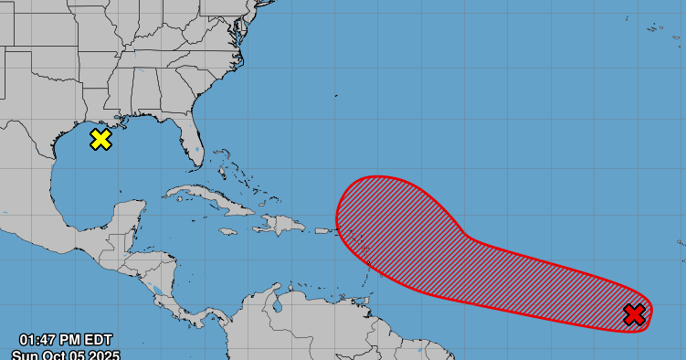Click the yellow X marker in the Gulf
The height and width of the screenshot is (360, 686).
point(100,139)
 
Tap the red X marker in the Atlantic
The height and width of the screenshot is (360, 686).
point(634,315)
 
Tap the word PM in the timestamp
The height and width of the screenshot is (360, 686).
point(75,342)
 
